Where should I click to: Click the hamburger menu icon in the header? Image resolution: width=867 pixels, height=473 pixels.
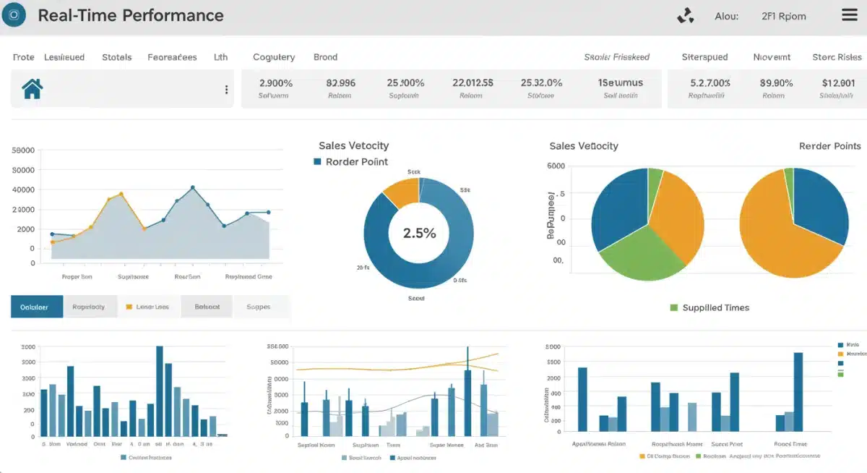[x=850, y=15]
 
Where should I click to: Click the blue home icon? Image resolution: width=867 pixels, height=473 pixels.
[x=33, y=89]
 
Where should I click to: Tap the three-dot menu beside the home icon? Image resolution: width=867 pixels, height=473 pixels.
[x=226, y=90]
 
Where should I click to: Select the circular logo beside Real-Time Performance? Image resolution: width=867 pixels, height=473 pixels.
[x=14, y=14]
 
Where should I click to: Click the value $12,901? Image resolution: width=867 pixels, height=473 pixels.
[x=837, y=82]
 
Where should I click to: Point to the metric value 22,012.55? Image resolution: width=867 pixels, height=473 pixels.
[x=473, y=82]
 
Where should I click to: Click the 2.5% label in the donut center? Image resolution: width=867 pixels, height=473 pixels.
[x=419, y=233]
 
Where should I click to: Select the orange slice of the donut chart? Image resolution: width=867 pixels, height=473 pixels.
[x=400, y=192]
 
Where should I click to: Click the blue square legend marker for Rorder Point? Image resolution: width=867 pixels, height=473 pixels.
[x=317, y=162]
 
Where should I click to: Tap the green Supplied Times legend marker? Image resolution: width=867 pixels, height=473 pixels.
[x=674, y=307]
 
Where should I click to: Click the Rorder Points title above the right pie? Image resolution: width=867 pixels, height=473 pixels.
[x=829, y=146]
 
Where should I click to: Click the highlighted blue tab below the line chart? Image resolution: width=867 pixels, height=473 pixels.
[x=37, y=307]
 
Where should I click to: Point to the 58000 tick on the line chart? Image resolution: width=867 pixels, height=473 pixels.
[x=24, y=150]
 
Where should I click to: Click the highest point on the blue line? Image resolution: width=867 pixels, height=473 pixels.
[x=193, y=187]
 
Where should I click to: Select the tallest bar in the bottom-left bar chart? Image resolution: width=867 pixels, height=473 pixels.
[x=159, y=391]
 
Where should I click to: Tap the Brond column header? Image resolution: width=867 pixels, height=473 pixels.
[x=325, y=57]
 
